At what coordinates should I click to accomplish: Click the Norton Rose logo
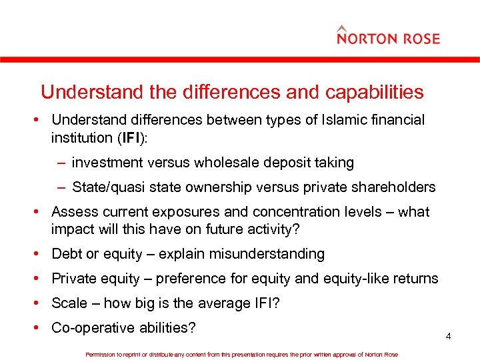[388, 36]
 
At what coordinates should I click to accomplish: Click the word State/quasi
[107, 187]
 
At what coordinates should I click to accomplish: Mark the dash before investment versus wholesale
[61, 163]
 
